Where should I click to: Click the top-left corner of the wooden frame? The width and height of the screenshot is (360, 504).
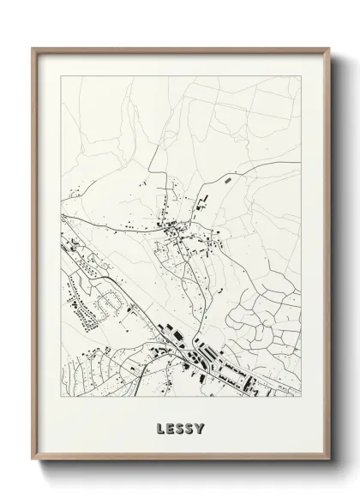pyautogui.click(x=33, y=48)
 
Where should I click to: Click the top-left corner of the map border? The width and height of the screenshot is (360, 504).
pyautogui.click(x=59, y=75)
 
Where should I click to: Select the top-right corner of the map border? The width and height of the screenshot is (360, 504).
pyautogui.click(x=303, y=75)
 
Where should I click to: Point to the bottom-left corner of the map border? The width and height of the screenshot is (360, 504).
pyautogui.click(x=59, y=398)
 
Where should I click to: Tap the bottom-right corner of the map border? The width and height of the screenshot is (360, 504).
pyautogui.click(x=303, y=398)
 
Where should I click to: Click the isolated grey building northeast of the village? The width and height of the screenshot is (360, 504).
pyautogui.click(x=226, y=181)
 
